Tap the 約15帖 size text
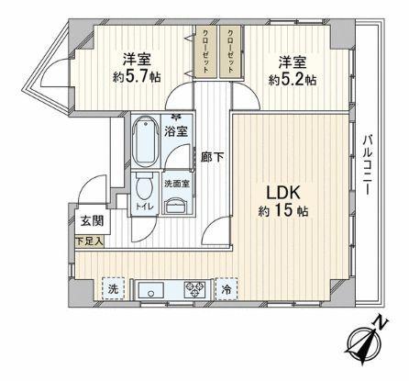coord(284,212)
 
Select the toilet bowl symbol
coord(143,190)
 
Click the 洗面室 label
coord(176,184)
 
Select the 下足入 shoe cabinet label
coord(90,241)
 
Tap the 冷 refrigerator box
coord(226,287)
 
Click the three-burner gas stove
coord(195,289)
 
